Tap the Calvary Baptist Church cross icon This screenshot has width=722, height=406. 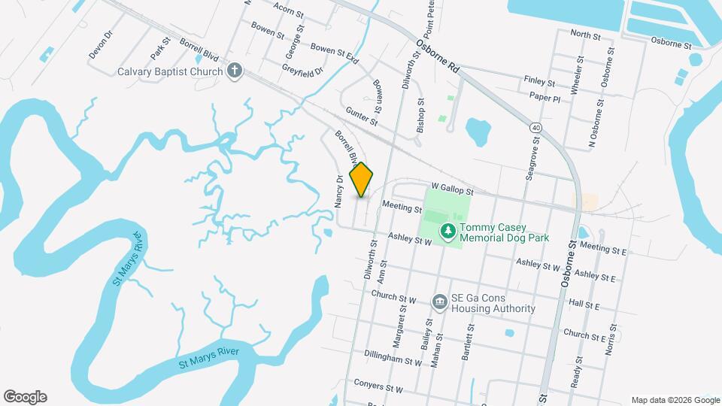(235, 71)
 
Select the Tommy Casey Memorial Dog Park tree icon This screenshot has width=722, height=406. (447, 230)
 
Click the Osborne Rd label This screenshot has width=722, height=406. (438, 56)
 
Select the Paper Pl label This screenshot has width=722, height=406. (545, 98)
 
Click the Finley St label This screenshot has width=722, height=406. (539, 81)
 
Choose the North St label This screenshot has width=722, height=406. (585, 35)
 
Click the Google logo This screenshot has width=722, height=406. (25, 397)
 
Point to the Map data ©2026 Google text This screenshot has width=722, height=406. (675, 400)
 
